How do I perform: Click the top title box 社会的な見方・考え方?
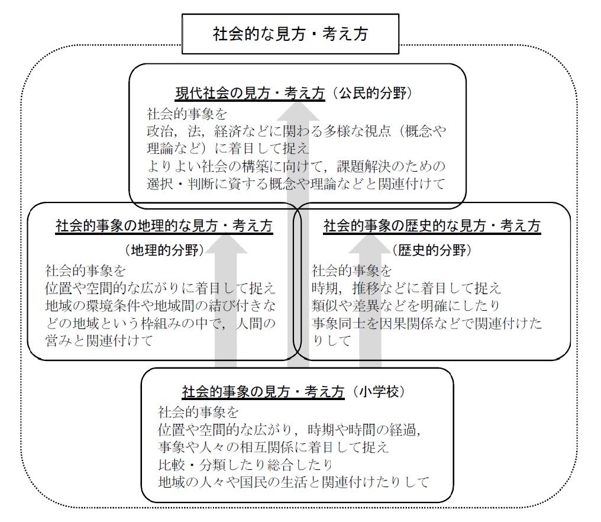pos(290,34)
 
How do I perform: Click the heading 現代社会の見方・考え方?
pos(250,93)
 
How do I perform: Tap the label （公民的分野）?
pos(372,93)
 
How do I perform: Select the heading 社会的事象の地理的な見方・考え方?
pos(164,225)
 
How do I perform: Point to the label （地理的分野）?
pos(164,250)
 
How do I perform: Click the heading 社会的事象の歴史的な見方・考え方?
pos(432,225)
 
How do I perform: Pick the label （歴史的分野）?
pos(432,250)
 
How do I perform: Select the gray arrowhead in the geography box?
pos(226,243)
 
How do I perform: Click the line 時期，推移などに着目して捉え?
pos(406,288)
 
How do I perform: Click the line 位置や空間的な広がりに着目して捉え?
pos(160,288)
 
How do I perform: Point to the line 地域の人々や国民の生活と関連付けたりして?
pos(293,481)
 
